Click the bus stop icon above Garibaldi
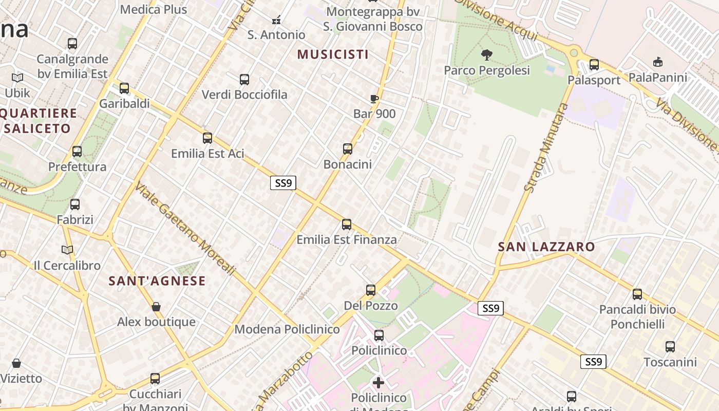click(x=124, y=88)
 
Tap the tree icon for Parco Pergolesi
click(x=486, y=54)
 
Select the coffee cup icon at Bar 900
click(x=374, y=99)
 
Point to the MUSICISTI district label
click(x=333, y=54)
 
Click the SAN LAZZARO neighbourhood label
click(x=546, y=247)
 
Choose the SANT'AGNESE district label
click(x=157, y=281)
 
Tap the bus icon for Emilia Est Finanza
click(x=347, y=225)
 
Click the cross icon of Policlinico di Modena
click(x=379, y=382)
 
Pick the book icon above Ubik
click(x=17, y=78)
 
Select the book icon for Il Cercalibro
click(x=67, y=250)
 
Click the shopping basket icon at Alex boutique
click(x=156, y=307)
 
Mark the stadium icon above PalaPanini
click(x=657, y=62)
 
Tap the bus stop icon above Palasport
click(x=594, y=65)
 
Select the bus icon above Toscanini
click(x=670, y=347)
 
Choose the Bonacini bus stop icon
click(x=348, y=149)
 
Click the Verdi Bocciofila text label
click(x=244, y=95)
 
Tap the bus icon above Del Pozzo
click(x=371, y=290)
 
